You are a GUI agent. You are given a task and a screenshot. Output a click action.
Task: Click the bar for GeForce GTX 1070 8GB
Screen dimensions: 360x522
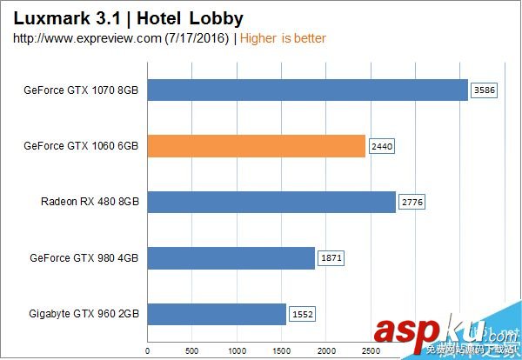point(307,90)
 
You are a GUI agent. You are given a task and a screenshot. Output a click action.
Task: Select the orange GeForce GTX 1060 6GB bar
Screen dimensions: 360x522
point(256,146)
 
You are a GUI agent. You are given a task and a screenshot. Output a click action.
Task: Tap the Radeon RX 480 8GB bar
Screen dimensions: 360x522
point(271,203)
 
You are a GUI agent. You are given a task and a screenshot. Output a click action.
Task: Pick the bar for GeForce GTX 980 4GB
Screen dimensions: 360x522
point(231,258)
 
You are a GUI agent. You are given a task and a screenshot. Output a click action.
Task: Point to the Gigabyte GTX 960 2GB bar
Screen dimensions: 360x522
point(216,314)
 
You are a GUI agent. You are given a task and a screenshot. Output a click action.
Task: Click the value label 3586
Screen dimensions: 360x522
point(483,90)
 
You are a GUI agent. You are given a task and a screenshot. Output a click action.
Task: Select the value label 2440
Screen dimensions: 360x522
point(382,146)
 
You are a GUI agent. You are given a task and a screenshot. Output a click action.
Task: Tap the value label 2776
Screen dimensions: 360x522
point(412,203)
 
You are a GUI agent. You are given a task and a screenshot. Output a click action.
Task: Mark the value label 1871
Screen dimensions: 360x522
point(331,258)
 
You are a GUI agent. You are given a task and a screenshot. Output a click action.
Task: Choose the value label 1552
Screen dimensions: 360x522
point(302,314)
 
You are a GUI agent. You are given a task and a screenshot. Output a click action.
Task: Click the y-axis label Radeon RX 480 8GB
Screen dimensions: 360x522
point(90,203)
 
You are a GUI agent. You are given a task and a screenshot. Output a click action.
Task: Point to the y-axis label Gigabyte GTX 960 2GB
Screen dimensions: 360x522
point(84,314)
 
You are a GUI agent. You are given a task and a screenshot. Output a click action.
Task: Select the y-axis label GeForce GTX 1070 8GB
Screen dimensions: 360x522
point(84,90)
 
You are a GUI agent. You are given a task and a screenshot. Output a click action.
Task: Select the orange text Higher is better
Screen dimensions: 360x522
point(282,38)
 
